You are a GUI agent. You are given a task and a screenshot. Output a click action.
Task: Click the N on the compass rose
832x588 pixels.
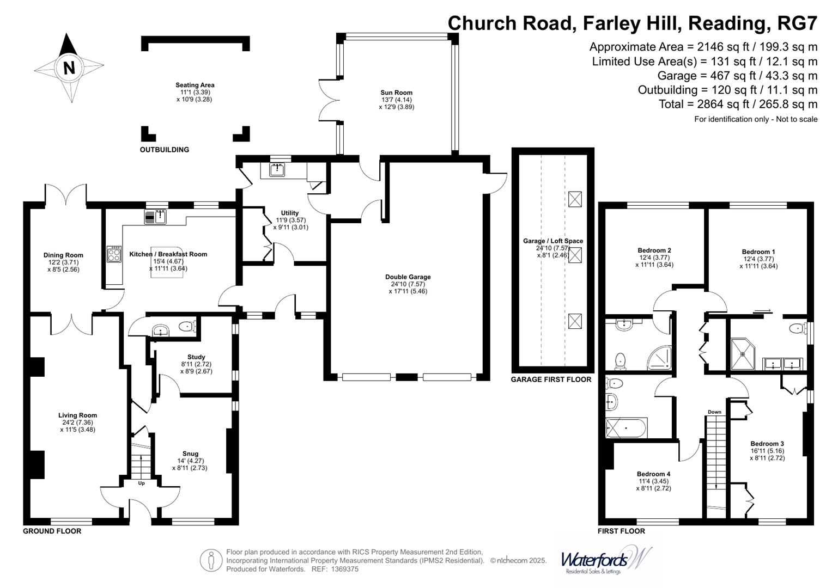[69, 68]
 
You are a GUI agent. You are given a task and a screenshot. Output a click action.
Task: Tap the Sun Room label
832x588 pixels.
[396, 93]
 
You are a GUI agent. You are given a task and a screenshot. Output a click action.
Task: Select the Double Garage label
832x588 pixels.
[408, 277]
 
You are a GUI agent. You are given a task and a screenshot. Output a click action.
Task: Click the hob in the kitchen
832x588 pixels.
[114, 254]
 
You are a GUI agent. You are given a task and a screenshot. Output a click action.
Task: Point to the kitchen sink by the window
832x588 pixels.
[155, 217]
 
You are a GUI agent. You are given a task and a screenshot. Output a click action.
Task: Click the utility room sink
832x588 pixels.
[277, 170]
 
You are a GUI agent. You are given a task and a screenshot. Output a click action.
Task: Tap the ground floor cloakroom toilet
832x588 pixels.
[187, 326]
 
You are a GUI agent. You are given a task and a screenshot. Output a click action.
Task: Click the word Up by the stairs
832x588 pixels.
[141, 483]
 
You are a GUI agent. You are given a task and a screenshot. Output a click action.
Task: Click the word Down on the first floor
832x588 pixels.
[714, 412]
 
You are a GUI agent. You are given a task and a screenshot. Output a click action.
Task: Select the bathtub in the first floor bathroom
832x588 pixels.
[626, 428]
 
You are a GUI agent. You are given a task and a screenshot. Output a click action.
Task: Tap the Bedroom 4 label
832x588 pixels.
[653, 474]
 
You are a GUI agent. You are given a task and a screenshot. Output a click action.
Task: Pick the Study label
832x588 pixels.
[196, 357]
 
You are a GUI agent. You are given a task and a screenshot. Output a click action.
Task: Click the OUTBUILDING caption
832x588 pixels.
[164, 150]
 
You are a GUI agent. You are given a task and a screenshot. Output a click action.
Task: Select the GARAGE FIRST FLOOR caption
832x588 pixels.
[551, 379]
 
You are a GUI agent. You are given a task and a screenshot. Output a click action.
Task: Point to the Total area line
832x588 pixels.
[738, 105]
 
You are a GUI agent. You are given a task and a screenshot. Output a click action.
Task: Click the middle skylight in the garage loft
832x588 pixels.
[575, 255]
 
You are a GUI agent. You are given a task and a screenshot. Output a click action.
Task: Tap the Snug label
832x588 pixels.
[190, 454]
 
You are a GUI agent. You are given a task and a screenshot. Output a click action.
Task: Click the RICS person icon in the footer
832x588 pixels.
[211, 560]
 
